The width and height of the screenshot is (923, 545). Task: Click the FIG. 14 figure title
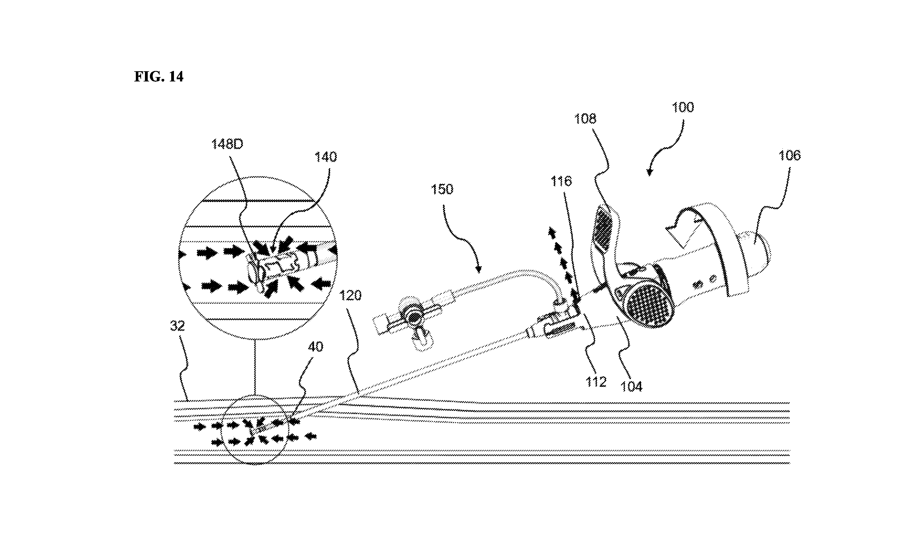[158, 76]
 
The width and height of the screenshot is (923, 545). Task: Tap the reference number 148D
[227, 144]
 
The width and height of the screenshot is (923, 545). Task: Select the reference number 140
[325, 157]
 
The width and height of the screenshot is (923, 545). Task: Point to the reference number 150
[442, 189]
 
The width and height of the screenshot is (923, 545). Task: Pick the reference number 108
[585, 119]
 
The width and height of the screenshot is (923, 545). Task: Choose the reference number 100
[683, 107]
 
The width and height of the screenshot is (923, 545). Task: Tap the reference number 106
[789, 155]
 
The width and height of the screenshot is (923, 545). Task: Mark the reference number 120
[350, 295]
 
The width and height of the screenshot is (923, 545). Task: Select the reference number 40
[315, 347]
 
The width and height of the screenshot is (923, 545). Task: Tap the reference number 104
[631, 386]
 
